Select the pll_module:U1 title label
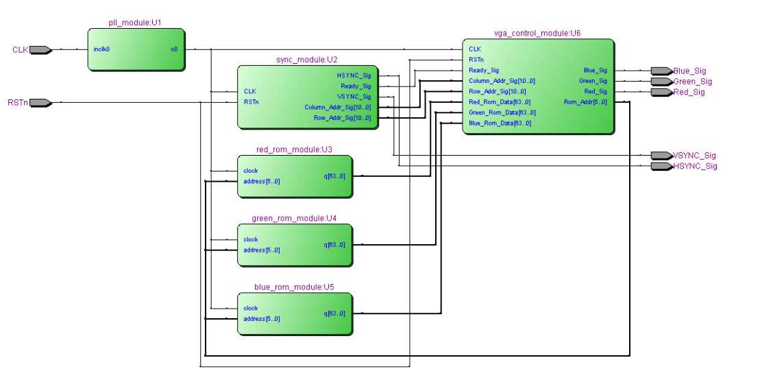pos(135,23)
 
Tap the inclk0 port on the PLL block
pos(101,49)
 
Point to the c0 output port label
pos(174,49)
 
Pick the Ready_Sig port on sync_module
pos(355,86)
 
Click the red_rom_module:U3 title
pos(294,149)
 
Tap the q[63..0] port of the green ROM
pos(334,245)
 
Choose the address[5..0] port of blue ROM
pos(262,319)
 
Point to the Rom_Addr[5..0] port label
pos(585,102)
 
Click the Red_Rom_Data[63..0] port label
pos(502,102)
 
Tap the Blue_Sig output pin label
pos(689,71)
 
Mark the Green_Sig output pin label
pos(692,82)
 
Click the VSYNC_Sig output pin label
pos(695,156)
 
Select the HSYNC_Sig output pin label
pos(695,167)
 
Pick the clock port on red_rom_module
pos(251,171)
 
